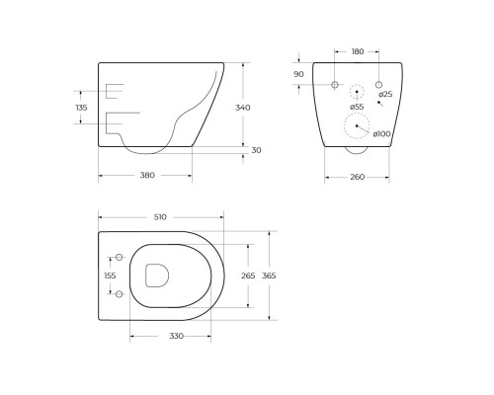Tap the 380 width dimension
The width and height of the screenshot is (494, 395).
tap(147, 176)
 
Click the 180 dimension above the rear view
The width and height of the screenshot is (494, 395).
tap(357, 51)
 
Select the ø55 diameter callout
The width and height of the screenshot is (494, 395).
tap(357, 106)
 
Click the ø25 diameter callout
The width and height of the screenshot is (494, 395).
tap(385, 95)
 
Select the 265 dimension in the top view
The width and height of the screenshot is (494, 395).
tap(249, 276)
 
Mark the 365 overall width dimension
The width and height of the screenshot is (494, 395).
tap(268, 276)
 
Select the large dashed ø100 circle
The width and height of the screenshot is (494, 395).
tap(357, 126)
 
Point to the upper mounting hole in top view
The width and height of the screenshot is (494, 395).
tap(118, 257)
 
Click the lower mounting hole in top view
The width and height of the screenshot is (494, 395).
tap(118, 293)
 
